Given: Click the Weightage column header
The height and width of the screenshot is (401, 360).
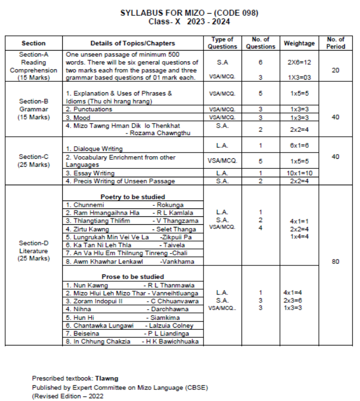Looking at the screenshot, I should (x=299, y=43).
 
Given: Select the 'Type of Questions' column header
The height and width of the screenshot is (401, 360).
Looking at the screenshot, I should (x=222, y=43).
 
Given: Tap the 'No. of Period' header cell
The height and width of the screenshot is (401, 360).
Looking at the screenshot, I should (x=335, y=43).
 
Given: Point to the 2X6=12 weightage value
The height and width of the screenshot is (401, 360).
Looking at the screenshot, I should (x=299, y=62).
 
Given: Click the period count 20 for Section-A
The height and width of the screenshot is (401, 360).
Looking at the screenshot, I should (x=335, y=70).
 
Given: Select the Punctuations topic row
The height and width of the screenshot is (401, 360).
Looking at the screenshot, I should (x=89, y=109).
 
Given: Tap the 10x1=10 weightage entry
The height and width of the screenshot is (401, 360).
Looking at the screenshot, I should (x=299, y=173).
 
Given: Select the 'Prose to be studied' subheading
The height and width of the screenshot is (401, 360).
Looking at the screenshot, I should (x=133, y=276).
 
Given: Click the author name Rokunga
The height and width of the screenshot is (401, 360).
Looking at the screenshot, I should (x=170, y=204).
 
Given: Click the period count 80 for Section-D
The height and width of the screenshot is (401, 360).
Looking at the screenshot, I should (x=335, y=261).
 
